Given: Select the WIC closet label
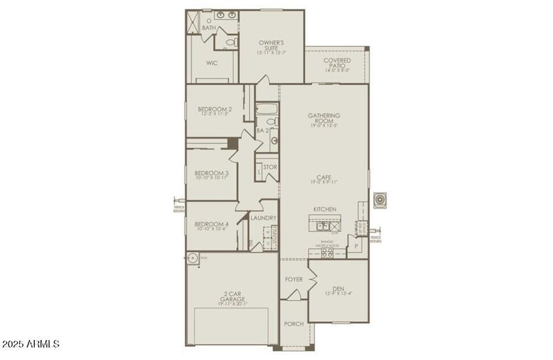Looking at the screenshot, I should [x=211, y=62].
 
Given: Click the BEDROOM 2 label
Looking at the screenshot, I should [x=215, y=109].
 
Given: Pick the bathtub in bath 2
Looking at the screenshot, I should [x=266, y=109].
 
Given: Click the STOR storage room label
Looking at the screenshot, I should [x=270, y=166].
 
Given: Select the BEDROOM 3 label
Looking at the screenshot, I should [x=211, y=173].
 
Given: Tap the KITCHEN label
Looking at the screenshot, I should [x=324, y=209].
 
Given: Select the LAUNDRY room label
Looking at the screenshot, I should [x=263, y=218].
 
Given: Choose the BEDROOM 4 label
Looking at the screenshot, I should [x=211, y=223].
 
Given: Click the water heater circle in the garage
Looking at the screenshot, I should [x=193, y=259].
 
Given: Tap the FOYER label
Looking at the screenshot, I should [x=293, y=279].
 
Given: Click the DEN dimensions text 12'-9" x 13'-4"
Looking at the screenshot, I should [x=339, y=293].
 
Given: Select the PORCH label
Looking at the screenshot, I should [x=294, y=324].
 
